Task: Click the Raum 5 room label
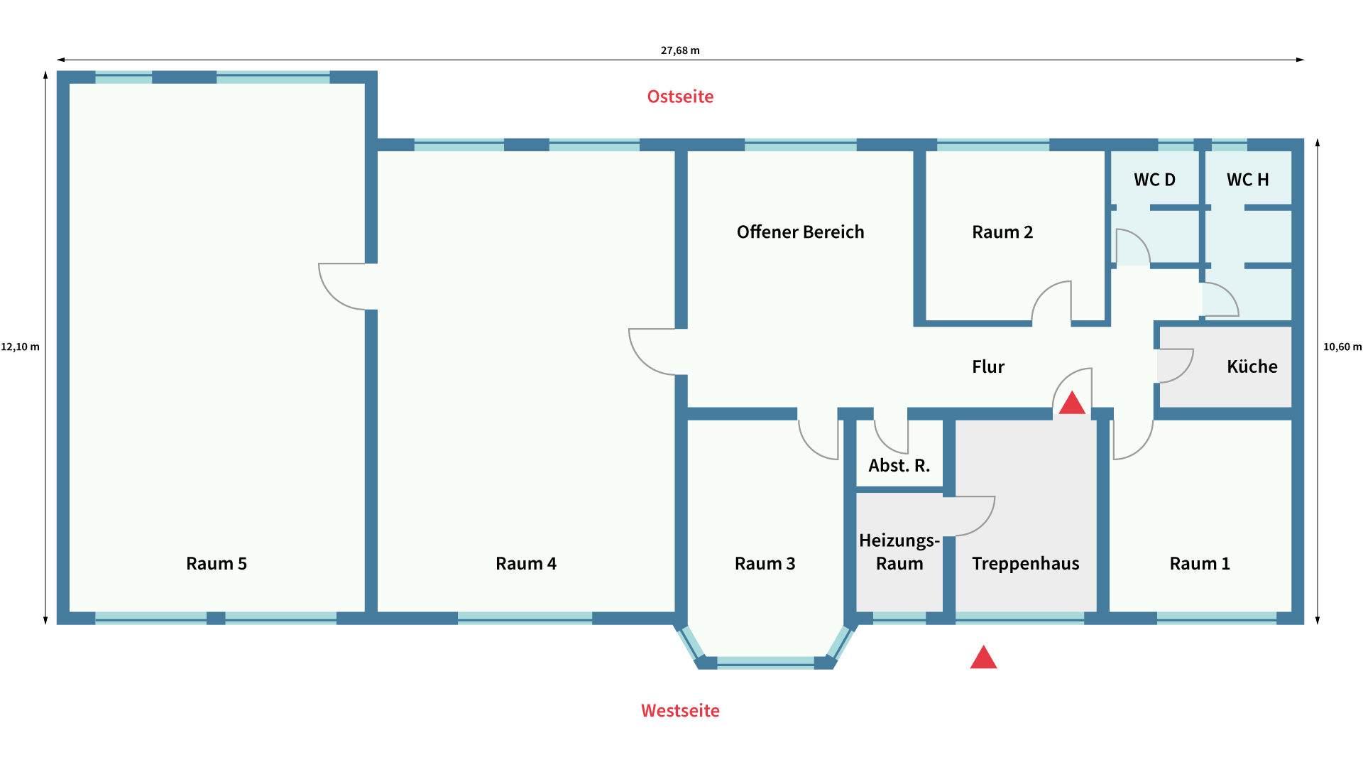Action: [x=217, y=563]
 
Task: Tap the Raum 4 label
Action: [x=526, y=563]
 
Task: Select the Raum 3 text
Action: [x=765, y=563]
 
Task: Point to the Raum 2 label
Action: [x=1002, y=232]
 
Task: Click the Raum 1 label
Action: [x=1200, y=563]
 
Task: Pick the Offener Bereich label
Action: [x=801, y=232]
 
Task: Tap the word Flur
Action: [x=988, y=366]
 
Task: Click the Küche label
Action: [x=1252, y=366]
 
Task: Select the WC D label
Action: [x=1155, y=180]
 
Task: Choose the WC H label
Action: [x=1248, y=180]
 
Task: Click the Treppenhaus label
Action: [x=1026, y=563]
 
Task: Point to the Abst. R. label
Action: [x=899, y=465]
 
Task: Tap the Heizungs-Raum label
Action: [x=899, y=552]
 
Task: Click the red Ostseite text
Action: [x=680, y=97]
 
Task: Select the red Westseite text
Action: [x=680, y=710]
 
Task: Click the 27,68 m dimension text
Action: [x=680, y=50]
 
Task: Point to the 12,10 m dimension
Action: [x=20, y=347]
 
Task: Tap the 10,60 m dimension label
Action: [x=1342, y=347]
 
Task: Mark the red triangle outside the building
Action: [x=984, y=658]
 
